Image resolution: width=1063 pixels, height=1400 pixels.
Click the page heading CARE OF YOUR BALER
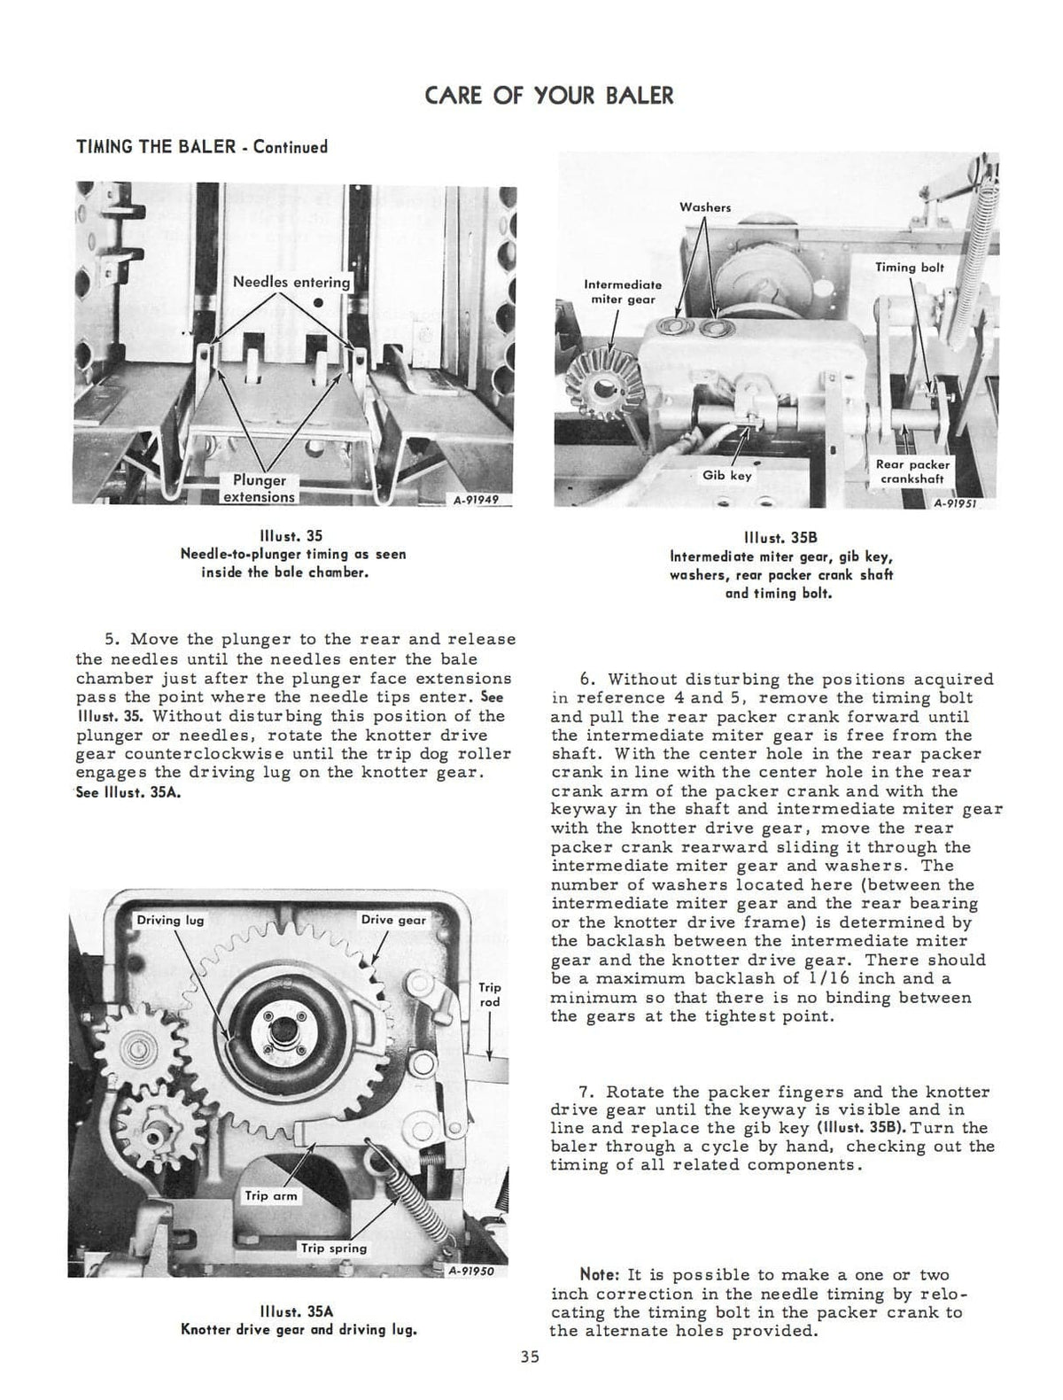tap(549, 96)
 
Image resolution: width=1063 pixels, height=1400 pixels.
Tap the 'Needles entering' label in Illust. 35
tap(291, 282)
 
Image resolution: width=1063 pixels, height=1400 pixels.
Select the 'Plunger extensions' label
tap(259, 488)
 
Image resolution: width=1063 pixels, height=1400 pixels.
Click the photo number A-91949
tap(476, 499)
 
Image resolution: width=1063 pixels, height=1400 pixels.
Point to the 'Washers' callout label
tap(705, 207)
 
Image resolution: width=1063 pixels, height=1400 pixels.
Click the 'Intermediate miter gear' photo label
tap(623, 292)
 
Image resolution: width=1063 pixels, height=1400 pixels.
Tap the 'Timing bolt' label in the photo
tap(910, 267)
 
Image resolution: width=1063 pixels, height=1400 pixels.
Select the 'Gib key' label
tap(726, 475)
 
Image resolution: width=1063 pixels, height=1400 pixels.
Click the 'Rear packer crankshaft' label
tap(912, 471)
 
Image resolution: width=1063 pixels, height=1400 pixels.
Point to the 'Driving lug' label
tap(170, 921)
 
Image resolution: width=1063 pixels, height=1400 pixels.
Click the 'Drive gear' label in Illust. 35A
tap(393, 921)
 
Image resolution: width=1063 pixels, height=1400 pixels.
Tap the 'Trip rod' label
tap(489, 994)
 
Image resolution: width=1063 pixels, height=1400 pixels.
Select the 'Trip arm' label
tap(272, 1195)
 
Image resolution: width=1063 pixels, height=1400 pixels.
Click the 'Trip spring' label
tap(333, 1248)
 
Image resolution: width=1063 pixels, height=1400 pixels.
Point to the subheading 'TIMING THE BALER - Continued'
tap(202, 146)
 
